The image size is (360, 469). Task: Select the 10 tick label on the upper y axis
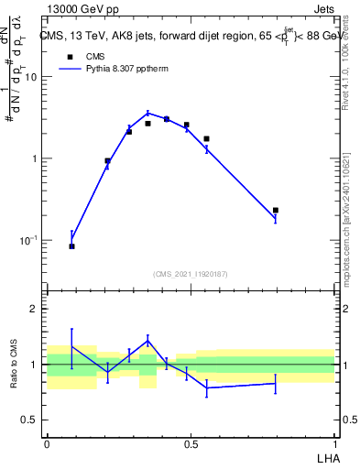[29, 77]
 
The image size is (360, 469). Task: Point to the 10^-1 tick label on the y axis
[27, 240]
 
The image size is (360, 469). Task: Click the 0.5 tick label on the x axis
[191, 443]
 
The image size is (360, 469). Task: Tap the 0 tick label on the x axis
[47, 443]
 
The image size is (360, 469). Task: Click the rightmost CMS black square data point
[275, 211]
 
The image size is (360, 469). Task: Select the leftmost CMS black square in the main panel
[71, 246]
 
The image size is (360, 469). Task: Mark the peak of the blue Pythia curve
[147, 114]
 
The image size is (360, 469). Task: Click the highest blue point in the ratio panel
[147, 340]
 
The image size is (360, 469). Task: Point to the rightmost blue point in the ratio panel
[275, 383]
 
